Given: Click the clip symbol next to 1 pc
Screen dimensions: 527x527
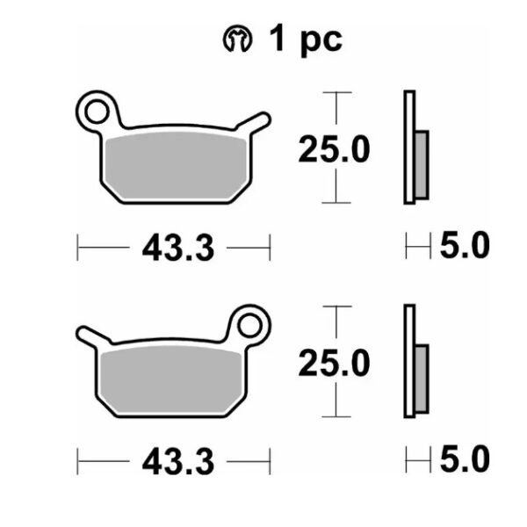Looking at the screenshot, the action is click(237, 39).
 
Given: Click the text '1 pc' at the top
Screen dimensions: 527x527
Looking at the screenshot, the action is click(306, 40).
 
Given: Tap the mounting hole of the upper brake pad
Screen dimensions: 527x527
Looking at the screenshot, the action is click(97, 112).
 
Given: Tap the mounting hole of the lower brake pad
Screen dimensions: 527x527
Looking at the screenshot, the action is click(249, 325).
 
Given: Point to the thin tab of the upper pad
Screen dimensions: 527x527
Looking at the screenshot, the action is click(254, 122).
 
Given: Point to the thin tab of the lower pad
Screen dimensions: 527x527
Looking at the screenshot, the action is click(93, 336).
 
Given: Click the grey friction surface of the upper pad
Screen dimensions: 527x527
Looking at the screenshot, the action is click(177, 165).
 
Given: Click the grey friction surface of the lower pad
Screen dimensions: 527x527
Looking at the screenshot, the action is click(171, 379).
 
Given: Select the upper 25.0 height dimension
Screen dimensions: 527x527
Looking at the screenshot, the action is click(334, 149).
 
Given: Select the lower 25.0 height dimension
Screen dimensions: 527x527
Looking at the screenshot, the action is click(334, 363).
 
